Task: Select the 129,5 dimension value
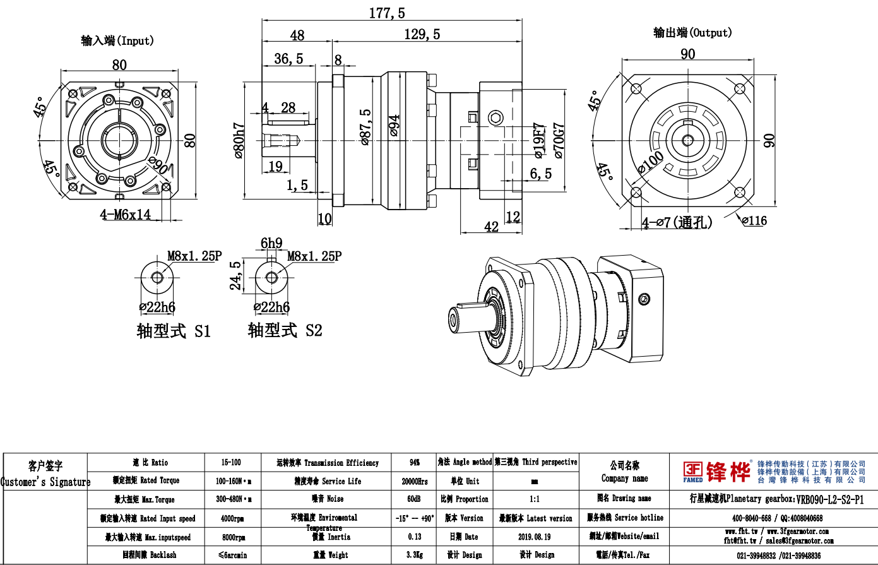[x=422, y=34]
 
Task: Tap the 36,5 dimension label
[x=289, y=59]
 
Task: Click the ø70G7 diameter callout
[x=558, y=140]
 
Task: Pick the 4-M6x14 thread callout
[x=125, y=215]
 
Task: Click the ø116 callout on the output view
[x=754, y=220]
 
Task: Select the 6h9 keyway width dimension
[x=271, y=243]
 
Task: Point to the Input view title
[x=117, y=41]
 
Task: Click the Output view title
[x=692, y=33]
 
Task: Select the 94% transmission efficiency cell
[x=414, y=463]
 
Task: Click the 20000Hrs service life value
[x=414, y=481]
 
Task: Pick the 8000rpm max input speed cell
[x=233, y=537]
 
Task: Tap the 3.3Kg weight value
[x=414, y=555]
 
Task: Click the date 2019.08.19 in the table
[x=534, y=537]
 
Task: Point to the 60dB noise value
[x=414, y=499]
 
